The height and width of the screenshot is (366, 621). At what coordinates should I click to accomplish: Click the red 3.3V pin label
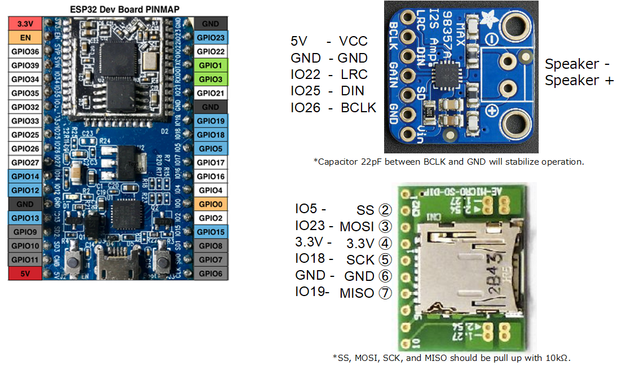(x=25, y=24)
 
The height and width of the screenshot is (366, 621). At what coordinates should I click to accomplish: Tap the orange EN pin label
(x=25, y=38)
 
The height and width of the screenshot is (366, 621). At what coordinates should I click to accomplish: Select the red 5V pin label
(x=25, y=274)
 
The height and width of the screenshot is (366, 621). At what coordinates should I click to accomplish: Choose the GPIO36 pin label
(x=25, y=52)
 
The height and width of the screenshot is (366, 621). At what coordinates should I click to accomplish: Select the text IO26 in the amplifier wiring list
(x=305, y=108)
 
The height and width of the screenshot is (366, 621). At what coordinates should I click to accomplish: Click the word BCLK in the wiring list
(x=358, y=108)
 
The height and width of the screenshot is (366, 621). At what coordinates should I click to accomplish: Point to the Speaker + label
(x=579, y=80)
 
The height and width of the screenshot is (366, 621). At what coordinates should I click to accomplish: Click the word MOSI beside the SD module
(x=356, y=227)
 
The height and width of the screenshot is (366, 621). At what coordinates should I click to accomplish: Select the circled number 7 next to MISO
(x=385, y=293)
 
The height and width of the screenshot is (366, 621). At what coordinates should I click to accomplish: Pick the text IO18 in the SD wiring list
(x=310, y=258)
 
